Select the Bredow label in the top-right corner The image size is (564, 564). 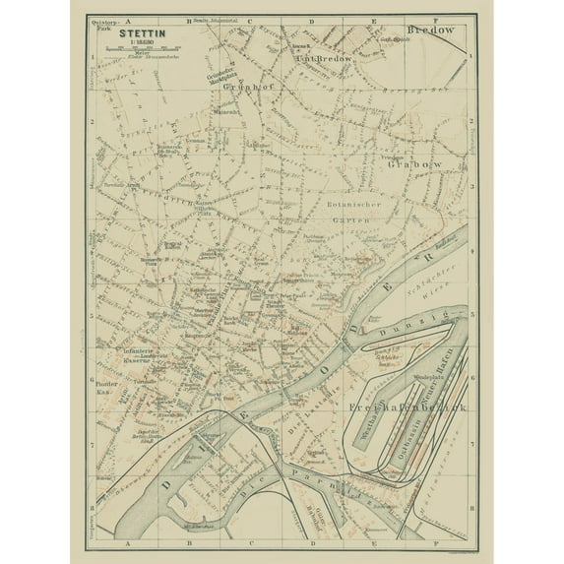pos(433,31)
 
